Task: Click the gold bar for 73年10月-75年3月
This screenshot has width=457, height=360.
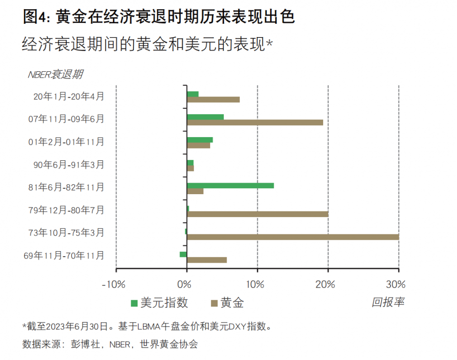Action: [292, 237]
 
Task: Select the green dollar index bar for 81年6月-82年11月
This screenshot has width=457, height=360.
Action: [230, 185]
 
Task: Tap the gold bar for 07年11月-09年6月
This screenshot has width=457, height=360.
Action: [255, 122]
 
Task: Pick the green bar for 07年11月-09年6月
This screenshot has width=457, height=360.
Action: [205, 117]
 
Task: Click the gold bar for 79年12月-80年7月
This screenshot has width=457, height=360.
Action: [257, 214]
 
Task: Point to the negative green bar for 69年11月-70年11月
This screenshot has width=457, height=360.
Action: [183, 254]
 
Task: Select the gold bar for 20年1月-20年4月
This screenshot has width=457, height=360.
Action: [213, 100]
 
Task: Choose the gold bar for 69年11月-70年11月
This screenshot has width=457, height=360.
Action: [207, 260]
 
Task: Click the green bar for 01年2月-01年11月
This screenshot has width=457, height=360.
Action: [200, 140]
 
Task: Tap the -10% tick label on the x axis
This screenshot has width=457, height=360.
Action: [113, 284]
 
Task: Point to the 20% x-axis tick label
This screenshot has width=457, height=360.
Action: [325, 284]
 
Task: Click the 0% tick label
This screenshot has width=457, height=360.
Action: [184, 284]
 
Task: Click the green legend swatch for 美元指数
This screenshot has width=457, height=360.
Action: [134, 303]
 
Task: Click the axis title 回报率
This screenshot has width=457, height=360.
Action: [388, 302]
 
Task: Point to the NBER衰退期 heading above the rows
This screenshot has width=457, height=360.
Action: [55, 74]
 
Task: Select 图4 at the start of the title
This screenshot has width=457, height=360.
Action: [35, 17]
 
